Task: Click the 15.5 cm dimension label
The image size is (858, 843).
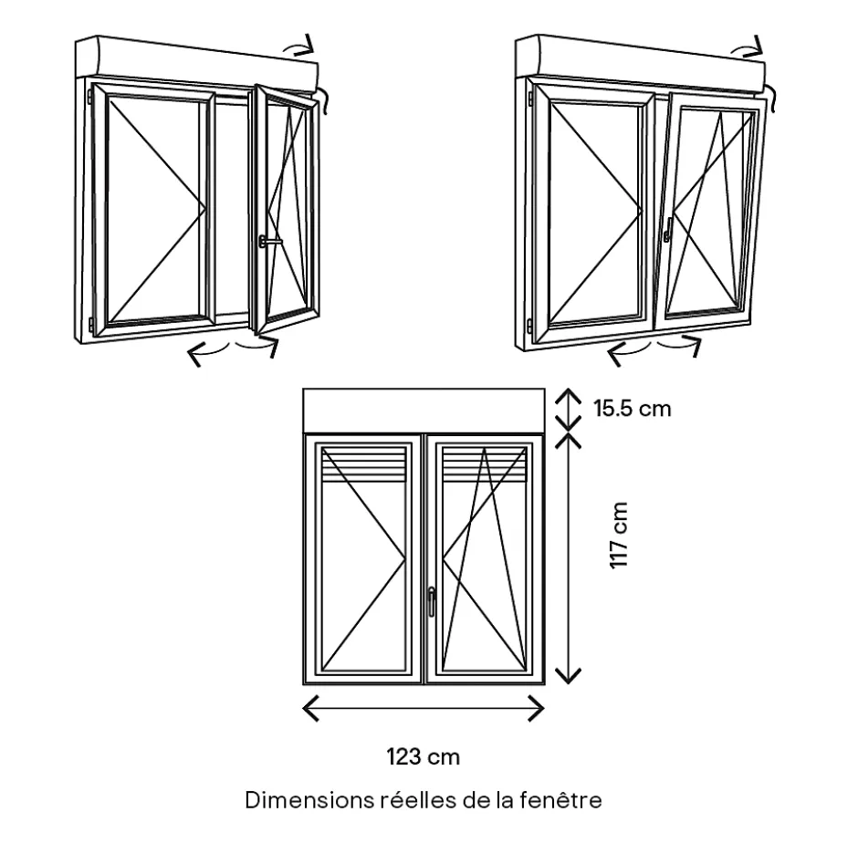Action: pos(632,408)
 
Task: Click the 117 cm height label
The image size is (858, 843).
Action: pos(620,536)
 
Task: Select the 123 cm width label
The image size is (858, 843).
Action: pos(423,756)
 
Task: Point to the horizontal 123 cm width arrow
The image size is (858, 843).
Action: pos(423,707)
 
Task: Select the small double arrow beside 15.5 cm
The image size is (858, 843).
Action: pos(569,408)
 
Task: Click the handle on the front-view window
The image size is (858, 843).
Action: pos(431,599)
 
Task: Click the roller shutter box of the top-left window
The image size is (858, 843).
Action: pos(196,60)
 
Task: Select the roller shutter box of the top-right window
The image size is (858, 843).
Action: pos(639,60)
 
